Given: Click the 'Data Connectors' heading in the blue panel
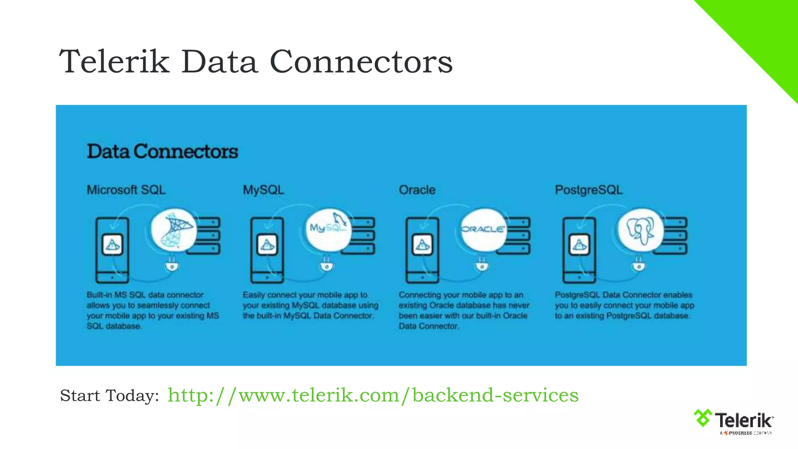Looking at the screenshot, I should (x=162, y=152).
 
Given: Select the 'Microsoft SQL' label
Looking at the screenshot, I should (x=126, y=190).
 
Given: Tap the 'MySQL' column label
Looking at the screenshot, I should (x=263, y=190).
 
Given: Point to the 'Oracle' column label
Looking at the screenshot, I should (x=417, y=190).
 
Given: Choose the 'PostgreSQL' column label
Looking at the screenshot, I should (x=588, y=190).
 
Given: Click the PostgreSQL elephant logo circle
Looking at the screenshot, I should (x=641, y=230).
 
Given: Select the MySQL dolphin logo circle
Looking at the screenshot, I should (x=328, y=229).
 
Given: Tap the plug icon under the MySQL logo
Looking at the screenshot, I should (x=327, y=264).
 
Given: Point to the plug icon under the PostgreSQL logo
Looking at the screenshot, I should (x=638, y=264).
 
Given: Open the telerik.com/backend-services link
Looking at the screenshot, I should (x=373, y=395).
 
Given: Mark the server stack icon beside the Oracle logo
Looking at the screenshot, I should (x=517, y=235).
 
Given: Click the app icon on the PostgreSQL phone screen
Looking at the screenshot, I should (x=579, y=245).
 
